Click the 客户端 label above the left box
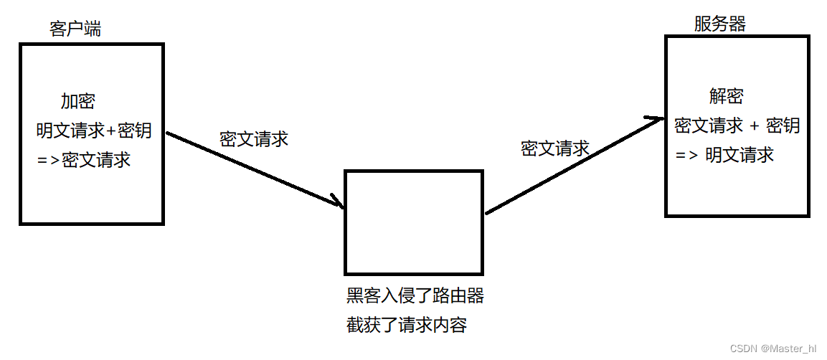tap(75, 29)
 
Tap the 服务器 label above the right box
tap(719, 24)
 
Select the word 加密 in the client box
tap(77, 101)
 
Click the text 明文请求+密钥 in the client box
tap(94, 131)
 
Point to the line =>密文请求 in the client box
tap(84, 159)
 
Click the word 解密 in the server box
tap(726, 96)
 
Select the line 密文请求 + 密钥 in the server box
tap(737, 125)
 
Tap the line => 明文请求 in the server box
tap(724, 154)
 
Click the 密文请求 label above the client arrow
tap(254, 139)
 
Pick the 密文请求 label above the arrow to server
tap(554, 148)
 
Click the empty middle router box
tap(414, 222)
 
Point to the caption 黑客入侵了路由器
tap(415, 295)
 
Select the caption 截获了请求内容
tap(406, 325)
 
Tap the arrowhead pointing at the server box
tap(656, 120)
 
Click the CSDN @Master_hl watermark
tap(772, 349)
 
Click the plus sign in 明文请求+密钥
tap(110, 131)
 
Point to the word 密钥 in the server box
tap(783, 125)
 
